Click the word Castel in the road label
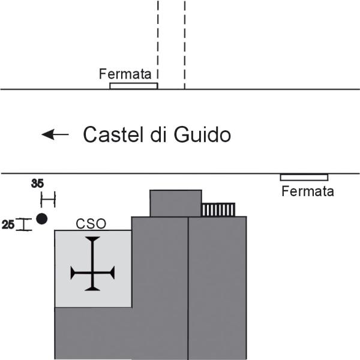coord(113,134)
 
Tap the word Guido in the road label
coord(202,134)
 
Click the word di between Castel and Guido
coord(158,134)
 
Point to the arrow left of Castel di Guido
coord(55,134)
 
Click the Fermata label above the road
coord(125,74)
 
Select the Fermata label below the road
coord(308,191)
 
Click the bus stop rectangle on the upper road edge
coord(134,86)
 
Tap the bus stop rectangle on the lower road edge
coord(304,178)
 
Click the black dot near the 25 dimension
coord(42,218)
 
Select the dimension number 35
coord(37,184)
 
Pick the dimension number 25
coord(8,224)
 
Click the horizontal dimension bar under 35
coord(48,199)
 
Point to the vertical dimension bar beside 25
coord(24,224)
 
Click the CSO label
coord(91,224)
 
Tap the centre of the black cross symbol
coord(92,273)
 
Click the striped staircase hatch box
coord(218,209)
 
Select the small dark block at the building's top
coord(176,203)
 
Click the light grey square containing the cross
coord(93,269)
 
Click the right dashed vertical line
coord(185,44)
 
